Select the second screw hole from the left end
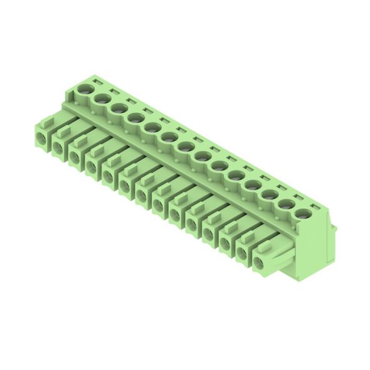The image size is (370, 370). (100, 99)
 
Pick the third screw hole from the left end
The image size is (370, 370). (117, 108)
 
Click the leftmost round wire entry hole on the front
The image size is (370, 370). (42, 138)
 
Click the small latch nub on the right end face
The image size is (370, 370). (334, 230)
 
